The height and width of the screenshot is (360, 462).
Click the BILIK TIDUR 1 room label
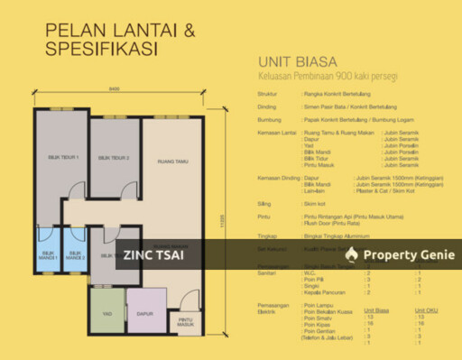[x=64, y=158]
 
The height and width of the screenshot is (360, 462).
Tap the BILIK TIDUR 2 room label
[x=115, y=158]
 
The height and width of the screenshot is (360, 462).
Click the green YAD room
[x=106, y=315]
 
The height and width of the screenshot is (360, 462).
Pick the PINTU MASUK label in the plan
[x=185, y=322]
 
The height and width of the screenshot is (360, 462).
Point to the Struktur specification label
[x=268, y=92]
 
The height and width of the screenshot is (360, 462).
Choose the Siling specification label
[x=264, y=204]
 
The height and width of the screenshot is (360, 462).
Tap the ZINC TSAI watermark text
[x=156, y=255]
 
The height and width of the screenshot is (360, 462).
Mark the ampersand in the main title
[x=189, y=31]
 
